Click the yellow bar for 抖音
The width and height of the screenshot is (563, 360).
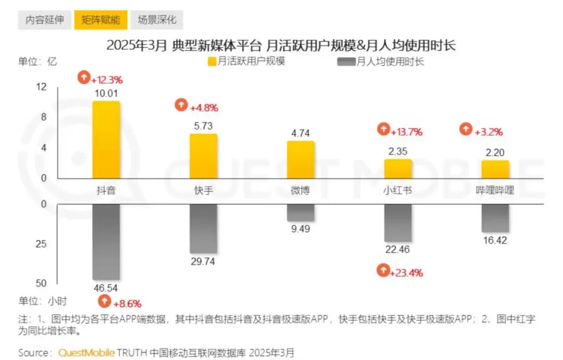(x=106, y=140)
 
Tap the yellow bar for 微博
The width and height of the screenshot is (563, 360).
(x=301, y=160)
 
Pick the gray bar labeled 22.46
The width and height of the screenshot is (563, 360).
(x=398, y=223)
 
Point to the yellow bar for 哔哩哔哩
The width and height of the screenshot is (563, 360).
(x=495, y=169)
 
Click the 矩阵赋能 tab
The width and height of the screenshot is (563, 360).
(x=101, y=20)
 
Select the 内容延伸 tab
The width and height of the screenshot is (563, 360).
(x=45, y=20)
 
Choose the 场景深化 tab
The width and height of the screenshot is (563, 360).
(x=157, y=20)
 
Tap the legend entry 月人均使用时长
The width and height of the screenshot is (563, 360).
(x=385, y=62)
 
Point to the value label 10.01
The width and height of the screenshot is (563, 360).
(x=106, y=93)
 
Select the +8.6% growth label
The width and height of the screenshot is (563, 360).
(x=120, y=302)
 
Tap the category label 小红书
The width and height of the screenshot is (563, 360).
(x=398, y=190)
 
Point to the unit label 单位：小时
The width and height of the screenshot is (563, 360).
(x=43, y=301)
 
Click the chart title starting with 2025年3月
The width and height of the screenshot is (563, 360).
(x=281, y=45)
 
